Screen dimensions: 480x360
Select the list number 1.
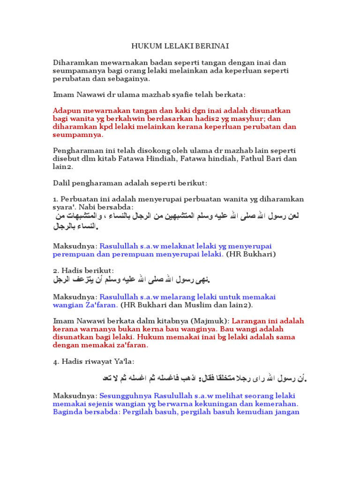point(55,199)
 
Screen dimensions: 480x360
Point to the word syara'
point(64,207)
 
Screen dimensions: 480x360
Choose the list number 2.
point(55,271)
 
